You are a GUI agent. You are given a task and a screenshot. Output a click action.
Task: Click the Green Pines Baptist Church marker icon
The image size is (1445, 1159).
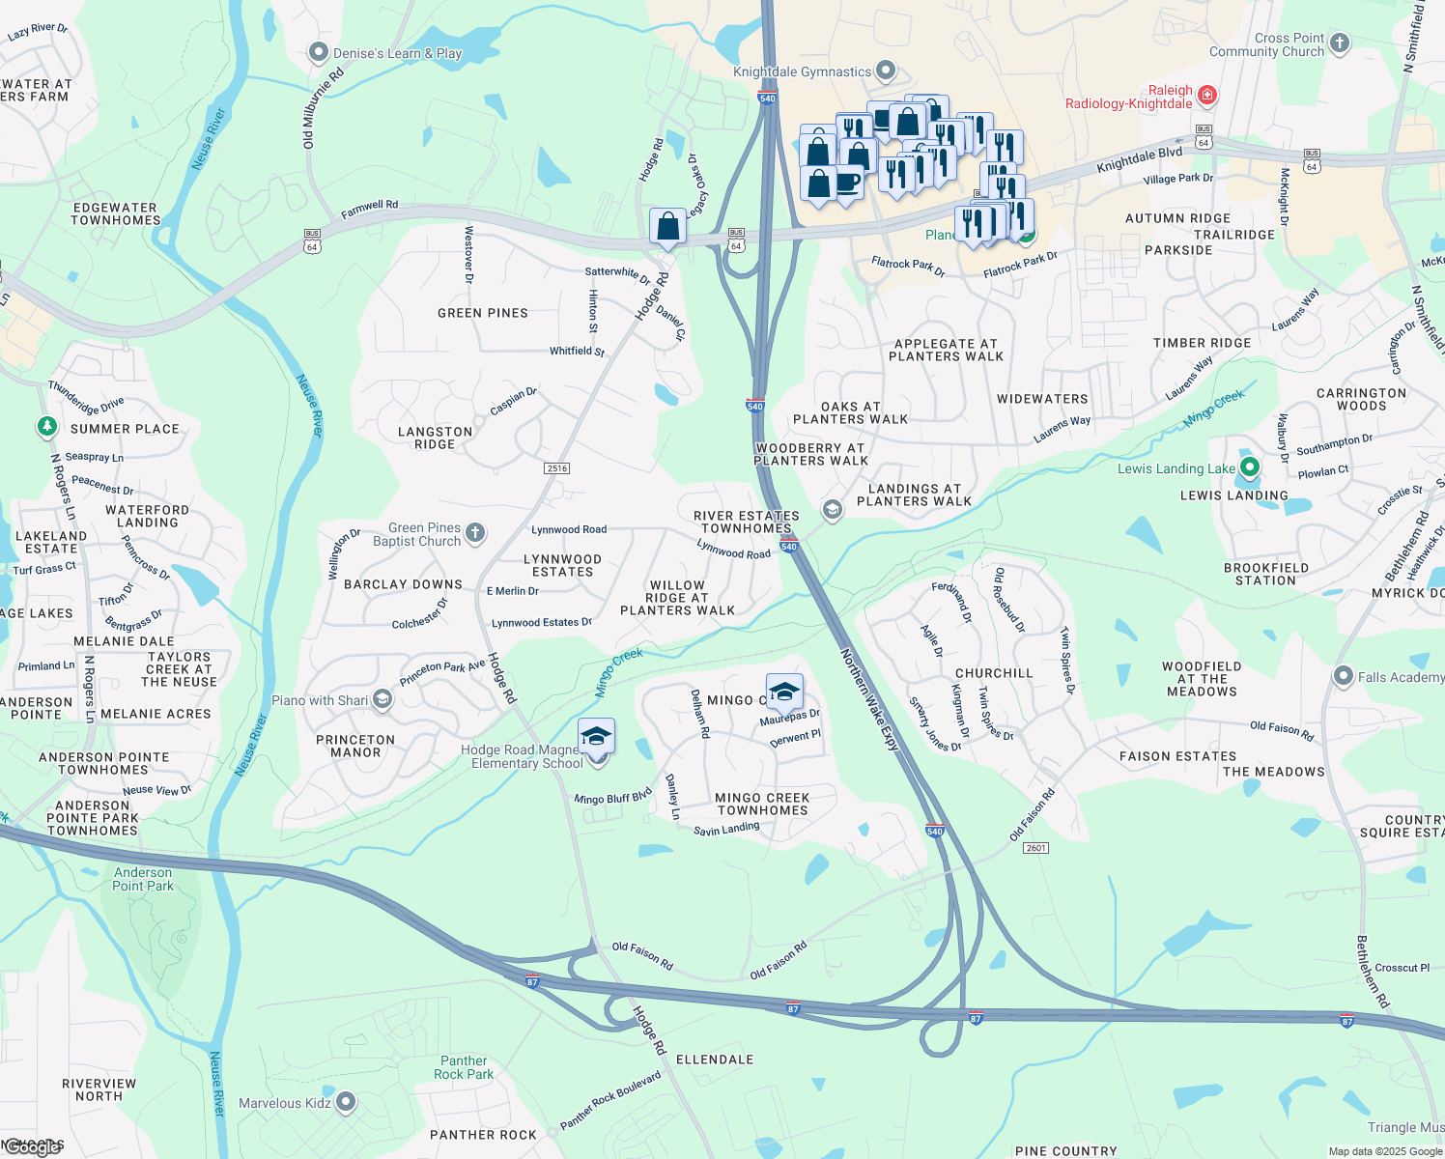(474, 532)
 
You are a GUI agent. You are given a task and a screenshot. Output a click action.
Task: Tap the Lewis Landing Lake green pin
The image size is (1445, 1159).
(1250, 468)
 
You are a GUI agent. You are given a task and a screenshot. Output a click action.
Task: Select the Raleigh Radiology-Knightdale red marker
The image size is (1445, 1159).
(1206, 96)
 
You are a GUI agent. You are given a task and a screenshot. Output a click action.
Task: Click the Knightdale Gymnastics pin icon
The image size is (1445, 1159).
(886, 71)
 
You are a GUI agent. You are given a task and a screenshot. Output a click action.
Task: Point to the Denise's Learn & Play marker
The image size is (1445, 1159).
(319, 52)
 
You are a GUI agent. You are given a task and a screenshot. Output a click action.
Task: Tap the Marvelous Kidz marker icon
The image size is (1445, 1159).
(345, 1102)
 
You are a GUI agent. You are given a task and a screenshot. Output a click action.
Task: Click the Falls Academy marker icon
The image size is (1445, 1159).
(1343, 676)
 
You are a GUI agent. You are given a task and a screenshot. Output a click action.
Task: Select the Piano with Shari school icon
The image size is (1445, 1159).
(382, 699)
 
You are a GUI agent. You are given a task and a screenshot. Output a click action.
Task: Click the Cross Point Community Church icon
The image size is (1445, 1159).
(1339, 42)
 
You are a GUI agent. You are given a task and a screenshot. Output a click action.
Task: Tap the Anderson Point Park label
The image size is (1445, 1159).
(143, 879)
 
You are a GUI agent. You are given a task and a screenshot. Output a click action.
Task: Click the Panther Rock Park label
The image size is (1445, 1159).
(464, 1067)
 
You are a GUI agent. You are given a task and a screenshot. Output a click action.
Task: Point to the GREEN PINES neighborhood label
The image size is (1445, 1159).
(483, 313)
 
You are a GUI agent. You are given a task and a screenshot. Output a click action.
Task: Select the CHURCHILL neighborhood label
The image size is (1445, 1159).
(994, 673)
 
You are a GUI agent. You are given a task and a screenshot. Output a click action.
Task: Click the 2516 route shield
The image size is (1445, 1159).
(557, 468)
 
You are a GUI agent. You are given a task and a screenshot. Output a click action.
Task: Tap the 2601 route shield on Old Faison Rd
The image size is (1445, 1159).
(1036, 848)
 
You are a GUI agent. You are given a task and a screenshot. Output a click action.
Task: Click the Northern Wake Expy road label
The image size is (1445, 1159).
(869, 700)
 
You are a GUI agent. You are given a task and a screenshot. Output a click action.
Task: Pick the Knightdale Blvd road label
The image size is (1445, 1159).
(1140, 160)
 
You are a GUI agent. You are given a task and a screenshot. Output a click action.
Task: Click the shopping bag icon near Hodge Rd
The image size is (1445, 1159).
(667, 227)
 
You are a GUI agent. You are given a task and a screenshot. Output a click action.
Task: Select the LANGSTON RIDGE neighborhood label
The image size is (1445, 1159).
(436, 438)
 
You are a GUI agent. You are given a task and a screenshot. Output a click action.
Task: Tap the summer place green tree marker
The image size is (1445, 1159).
(46, 426)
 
